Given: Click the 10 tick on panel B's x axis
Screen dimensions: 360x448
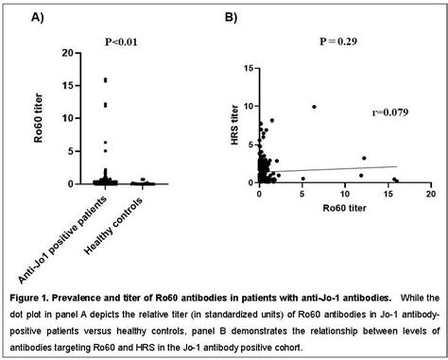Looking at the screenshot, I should (x=344, y=194).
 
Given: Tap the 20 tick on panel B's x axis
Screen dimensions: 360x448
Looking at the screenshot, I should (x=429, y=194).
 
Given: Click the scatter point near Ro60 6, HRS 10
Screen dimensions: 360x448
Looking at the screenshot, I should (x=314, y=106).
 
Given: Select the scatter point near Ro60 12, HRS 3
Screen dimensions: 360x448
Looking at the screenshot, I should (x=364, y=159).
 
